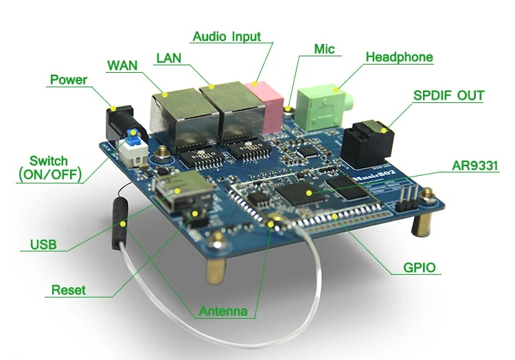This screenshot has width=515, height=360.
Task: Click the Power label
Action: coord(69,80)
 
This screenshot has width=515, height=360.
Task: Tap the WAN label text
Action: coord(122,65)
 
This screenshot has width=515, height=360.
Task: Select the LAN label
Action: coord(168,58)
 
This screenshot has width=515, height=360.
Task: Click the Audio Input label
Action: coord(227,36)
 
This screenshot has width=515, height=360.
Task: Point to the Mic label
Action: coord(324,49)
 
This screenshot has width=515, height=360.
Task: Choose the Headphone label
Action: coord(399,57)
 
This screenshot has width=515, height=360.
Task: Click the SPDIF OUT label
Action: coord(448,95)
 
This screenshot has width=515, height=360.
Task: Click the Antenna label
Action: coord(223,311)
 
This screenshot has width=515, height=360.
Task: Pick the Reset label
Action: coord(69,290)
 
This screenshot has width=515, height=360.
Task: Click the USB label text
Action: coord(43,245)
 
